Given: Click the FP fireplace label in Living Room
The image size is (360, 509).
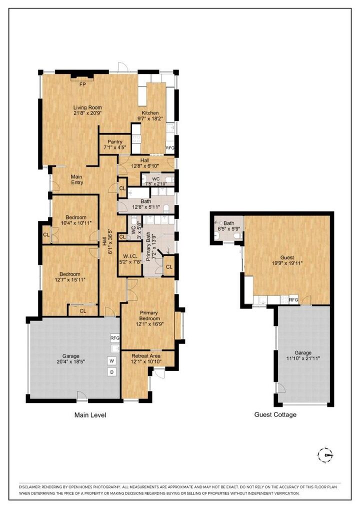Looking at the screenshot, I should (83, 84).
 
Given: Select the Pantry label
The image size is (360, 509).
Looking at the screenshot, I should (114, 142).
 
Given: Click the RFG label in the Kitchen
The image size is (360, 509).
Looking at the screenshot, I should (170, 148).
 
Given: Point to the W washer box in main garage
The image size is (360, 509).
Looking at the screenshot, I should (111, 360).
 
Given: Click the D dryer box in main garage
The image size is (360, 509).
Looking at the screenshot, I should (111, 372).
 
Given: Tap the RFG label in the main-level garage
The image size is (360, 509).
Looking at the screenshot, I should (115, 338).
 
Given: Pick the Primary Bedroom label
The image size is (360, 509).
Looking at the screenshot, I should (150, 315).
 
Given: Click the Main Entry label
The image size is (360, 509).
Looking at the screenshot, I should (76, 179).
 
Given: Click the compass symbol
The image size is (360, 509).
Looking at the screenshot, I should (325, 454).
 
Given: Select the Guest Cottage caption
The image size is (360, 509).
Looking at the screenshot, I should (275, 414).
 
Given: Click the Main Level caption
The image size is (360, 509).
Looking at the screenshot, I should (90, 415).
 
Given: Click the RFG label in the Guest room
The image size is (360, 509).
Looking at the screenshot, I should (293, 299).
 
